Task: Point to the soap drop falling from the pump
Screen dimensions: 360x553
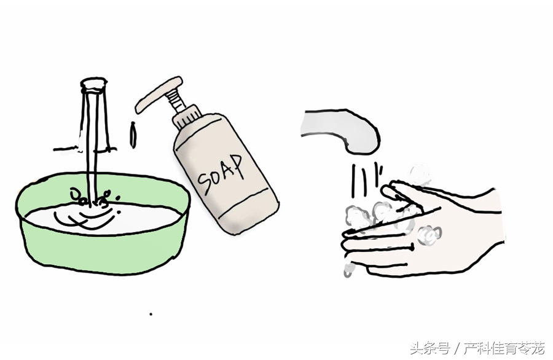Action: click(x=132, y=135)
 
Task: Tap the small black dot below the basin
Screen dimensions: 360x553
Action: click(x=151, y=314)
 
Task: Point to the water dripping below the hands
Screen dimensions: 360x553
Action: click(x=348, y=268)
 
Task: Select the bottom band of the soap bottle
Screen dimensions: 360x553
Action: click(x=246, y=215)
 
